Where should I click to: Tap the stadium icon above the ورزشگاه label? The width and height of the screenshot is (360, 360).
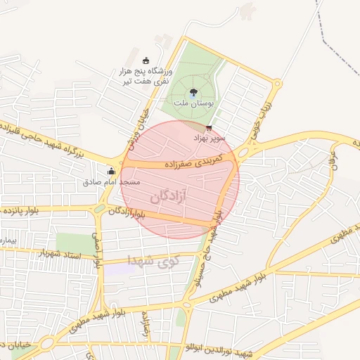coord(146,60)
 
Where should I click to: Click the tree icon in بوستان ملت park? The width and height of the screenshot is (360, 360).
coord(193,91)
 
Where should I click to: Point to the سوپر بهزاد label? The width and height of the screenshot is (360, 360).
coord(209,139)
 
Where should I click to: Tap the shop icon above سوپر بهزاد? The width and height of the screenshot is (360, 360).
coord(209,128)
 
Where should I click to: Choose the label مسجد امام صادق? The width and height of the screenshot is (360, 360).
coord(102,181)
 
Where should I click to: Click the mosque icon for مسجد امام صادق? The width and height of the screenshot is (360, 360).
coord(110,170)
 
